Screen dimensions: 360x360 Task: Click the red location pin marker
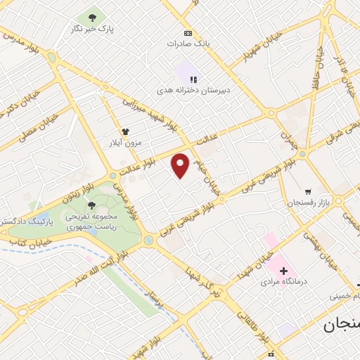tap(181, 165)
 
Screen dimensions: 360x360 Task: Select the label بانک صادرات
tap(188, 44)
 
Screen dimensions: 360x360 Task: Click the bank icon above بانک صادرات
tap(188, 33)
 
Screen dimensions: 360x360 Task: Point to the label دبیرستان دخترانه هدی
tap(193, 91)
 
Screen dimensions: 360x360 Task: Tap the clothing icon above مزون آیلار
tap(126, 131)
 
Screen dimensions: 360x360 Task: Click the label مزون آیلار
tap(125, 142)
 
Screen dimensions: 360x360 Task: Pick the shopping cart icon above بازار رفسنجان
tap(308, 191)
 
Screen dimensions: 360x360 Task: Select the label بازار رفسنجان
tap(307, 202)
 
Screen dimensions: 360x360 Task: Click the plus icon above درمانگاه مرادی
tap(283, 270)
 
